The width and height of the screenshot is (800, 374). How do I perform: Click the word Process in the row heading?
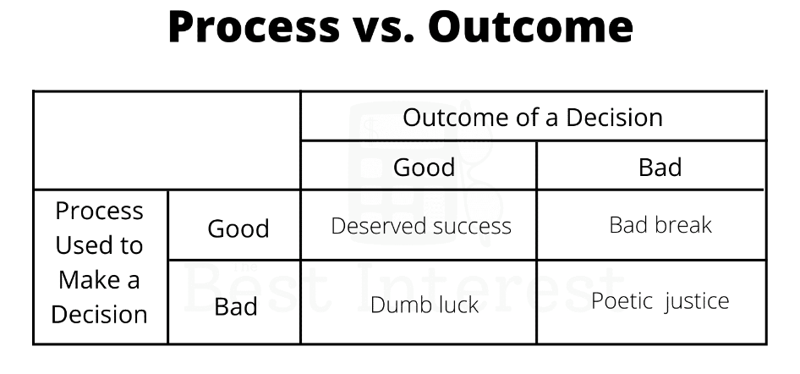point(100,211)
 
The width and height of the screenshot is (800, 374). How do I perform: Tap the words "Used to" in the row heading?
point(99,245)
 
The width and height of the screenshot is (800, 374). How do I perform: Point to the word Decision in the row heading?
point(100,314)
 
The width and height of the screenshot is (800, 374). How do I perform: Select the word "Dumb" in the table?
point(394,305)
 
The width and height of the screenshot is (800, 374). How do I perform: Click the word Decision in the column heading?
point(614,118)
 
